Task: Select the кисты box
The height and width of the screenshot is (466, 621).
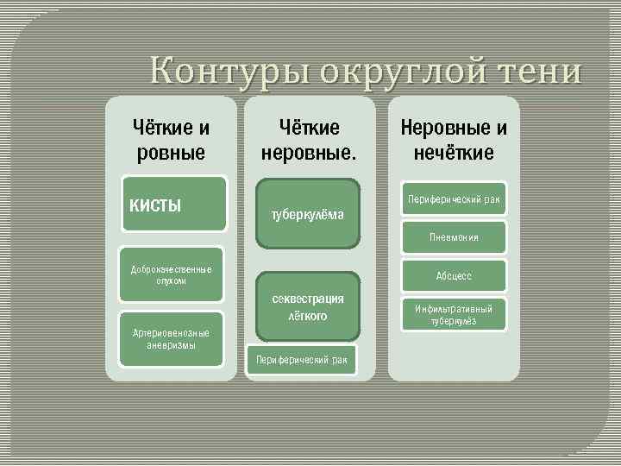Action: [173, 205]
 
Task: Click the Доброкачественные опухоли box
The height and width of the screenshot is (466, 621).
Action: [171, 275]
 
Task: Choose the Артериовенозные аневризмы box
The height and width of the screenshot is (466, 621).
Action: [171, 339]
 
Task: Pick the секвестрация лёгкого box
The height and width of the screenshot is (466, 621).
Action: [308, 307]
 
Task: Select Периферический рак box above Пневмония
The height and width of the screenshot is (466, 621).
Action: [454, 199]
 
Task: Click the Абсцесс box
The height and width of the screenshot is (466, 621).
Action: [454, 276]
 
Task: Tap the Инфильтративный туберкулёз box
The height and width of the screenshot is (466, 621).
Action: [454, 315]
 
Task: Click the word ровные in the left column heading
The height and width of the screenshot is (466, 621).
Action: [171, 154]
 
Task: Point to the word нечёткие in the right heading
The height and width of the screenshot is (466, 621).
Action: [454, 154]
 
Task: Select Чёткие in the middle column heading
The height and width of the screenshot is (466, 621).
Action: [309, 129]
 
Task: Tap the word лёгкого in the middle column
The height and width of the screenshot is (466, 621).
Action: [308, 317]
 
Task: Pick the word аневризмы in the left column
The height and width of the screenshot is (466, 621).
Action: [171, 345]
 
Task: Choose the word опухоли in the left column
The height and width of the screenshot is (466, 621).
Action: [171, 281]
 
